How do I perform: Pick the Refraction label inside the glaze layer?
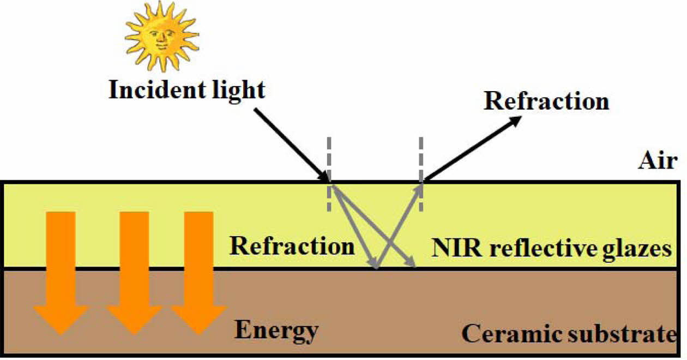pyautogui.click(x=292, y=246)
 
